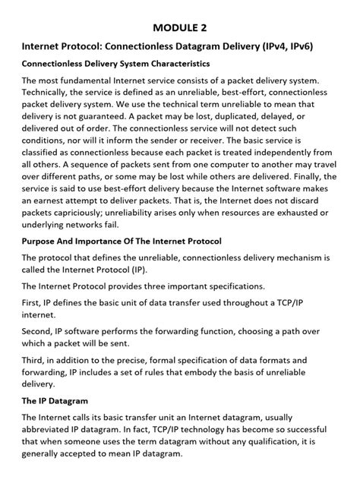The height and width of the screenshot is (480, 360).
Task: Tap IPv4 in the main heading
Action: [286, 46]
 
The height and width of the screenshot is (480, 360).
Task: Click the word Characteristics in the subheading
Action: [169, 63]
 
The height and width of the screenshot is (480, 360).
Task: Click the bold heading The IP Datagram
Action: [55, 399]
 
